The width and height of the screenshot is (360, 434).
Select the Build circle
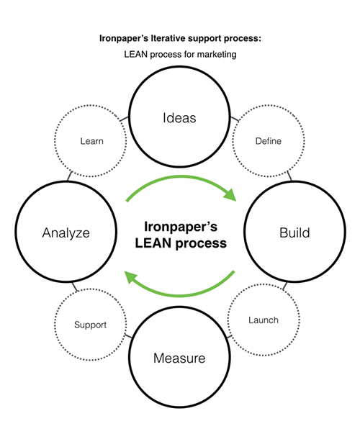tap(294, 233)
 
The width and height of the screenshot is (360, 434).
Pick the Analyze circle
tap(66, 233)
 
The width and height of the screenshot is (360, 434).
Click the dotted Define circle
tap(268, 141)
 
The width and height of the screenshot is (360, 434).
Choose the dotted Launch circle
tap(263, 320)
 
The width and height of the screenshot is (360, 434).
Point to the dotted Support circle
tap(90, 325)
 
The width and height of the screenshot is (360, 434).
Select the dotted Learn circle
tap(92, 141)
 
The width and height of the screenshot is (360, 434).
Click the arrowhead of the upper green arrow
tap(231, 193)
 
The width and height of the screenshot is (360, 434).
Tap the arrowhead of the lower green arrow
tap(131, 274)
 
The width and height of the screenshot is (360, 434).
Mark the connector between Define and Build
tap(288, 176)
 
